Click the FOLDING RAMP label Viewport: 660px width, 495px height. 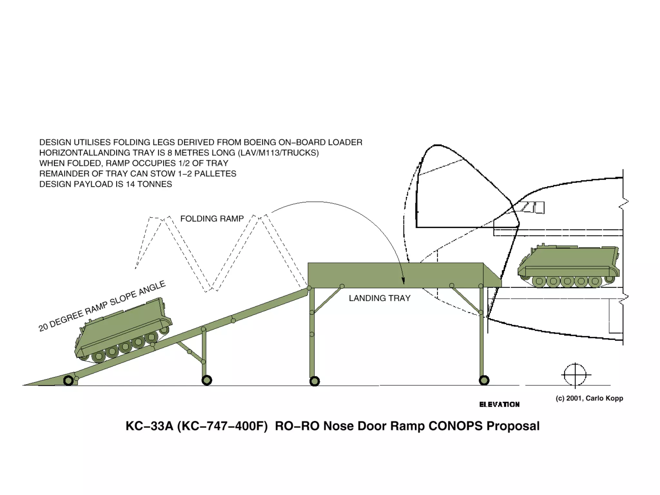coord(212,219)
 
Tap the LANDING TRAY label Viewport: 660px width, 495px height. coord(380,298)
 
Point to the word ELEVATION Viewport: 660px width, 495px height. coord(499,404)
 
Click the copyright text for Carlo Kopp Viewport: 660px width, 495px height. coord(589,398)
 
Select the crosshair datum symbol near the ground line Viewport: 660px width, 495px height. coord(576,375)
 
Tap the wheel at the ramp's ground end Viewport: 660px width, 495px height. coord(68,381)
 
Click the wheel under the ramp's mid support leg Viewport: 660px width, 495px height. coord(207,380)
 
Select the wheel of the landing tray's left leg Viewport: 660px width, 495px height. coord(315,381)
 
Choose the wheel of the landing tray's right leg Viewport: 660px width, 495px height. coord(484,380)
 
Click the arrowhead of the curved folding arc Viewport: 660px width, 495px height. coord(403,281)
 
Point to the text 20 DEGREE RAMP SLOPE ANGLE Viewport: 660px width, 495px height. coord(102,306)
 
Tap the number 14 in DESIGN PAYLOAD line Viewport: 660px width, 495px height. coord(131,184)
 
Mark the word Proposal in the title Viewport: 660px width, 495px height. coord(513,426)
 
